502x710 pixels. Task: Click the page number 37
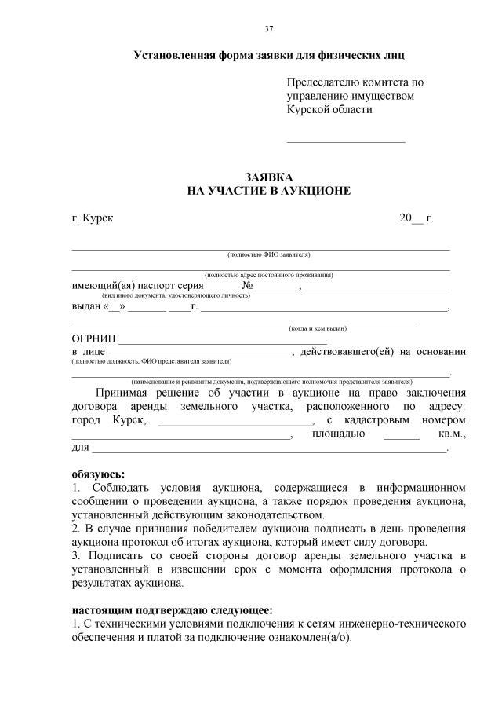click(x=269, y=29)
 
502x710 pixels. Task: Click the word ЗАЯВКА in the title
click(x=268, y=177)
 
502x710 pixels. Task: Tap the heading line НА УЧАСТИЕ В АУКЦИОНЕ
click(x=268, y=191)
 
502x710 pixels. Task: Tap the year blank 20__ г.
click(x=417, y=218)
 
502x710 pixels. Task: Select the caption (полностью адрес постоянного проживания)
click(x=268, y=276)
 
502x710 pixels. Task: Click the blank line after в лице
click(x=199, y=353)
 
